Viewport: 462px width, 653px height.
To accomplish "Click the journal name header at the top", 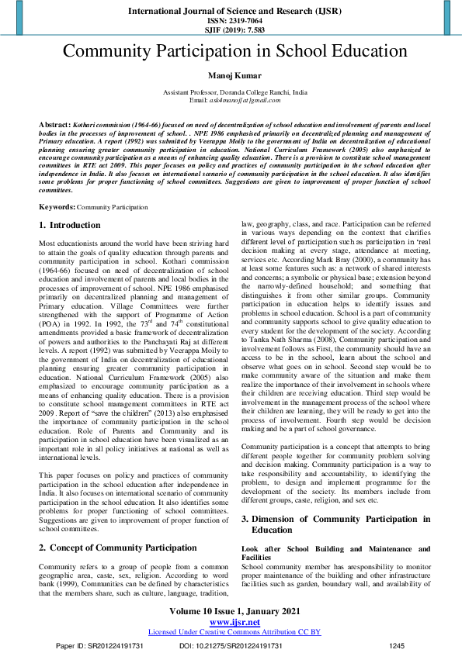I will click(230, 12).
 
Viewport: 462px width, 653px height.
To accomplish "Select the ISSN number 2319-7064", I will click(230, 21).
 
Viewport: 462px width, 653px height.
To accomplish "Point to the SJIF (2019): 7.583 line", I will click(230, 30).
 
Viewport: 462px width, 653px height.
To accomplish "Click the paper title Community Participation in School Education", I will click(230, 52).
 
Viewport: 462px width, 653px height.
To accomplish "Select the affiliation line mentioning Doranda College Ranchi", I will click(234, 92).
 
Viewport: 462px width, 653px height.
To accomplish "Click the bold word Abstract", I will click(55, 124).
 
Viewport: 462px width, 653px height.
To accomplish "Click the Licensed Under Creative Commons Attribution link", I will click(234, 632).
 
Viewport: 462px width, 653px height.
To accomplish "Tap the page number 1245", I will click(397, 645).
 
